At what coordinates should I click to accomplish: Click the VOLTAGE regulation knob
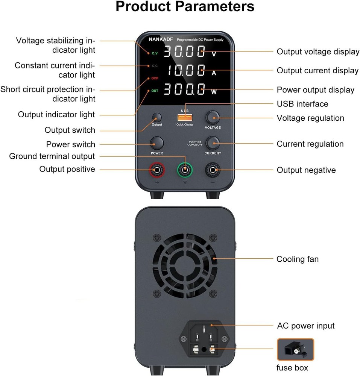click(213, 118)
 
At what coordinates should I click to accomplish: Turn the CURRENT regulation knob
click(213, 143)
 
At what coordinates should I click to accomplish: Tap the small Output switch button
click(157, 117)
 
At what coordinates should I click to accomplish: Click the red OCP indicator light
click(155, 78)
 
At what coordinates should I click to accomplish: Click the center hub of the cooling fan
click(185, 265)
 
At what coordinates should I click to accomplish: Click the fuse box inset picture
click(295, 350)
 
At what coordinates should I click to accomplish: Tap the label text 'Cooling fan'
click(297, 259)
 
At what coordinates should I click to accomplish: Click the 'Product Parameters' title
click(185, 7)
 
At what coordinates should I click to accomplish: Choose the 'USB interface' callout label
click(302, 104)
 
